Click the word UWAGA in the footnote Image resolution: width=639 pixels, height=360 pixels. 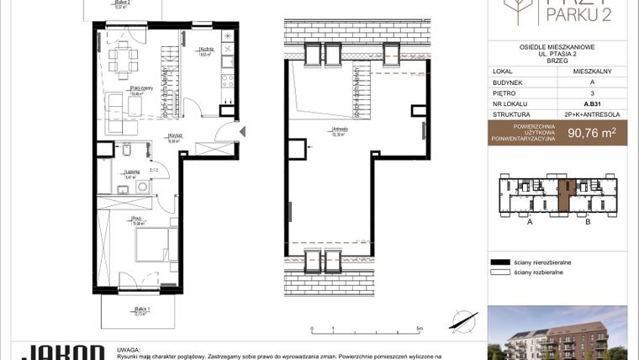(129, 347)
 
